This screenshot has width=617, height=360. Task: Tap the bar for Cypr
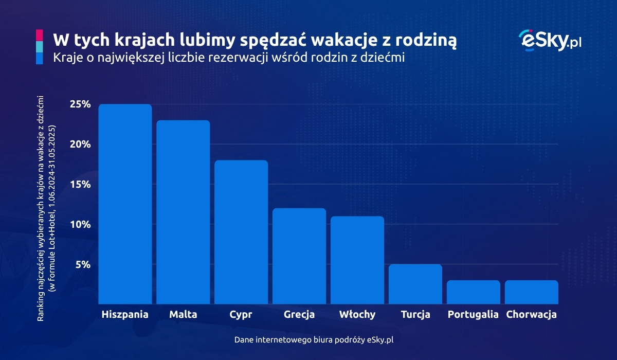coord(241,232)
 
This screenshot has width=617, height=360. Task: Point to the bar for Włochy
coord(357,260)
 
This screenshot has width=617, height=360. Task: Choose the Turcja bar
coord(415,284)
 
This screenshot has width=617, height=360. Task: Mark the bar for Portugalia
coord(474,292)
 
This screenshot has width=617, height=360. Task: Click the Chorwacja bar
coord(532,292)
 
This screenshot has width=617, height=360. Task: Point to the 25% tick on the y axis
coord(80,104)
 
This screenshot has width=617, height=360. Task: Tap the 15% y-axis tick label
coord(80,185)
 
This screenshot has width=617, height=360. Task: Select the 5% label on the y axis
coord(83,265)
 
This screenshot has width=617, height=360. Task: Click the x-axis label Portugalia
coord(474,314)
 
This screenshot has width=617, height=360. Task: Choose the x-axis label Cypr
coord(241,314)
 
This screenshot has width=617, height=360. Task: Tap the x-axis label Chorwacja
coord(532,314)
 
